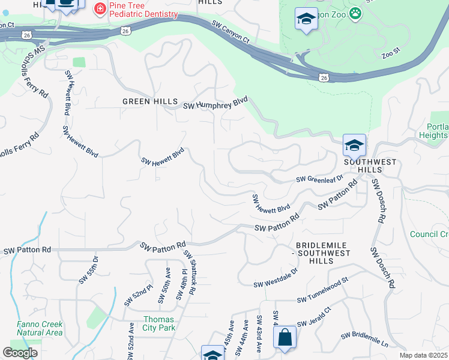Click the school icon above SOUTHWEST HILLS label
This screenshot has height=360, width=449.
pos(354,145)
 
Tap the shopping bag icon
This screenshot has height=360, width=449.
pos(285,337)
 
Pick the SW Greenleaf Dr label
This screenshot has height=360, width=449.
pos(319,179)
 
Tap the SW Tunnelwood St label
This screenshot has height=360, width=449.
pos(322,290)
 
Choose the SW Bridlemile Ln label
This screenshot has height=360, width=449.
pos(364,340)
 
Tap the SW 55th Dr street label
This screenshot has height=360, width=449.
pos(88,270)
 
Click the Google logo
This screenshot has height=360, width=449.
pos(20,352)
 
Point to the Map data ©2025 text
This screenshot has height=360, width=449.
pos(423,355)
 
